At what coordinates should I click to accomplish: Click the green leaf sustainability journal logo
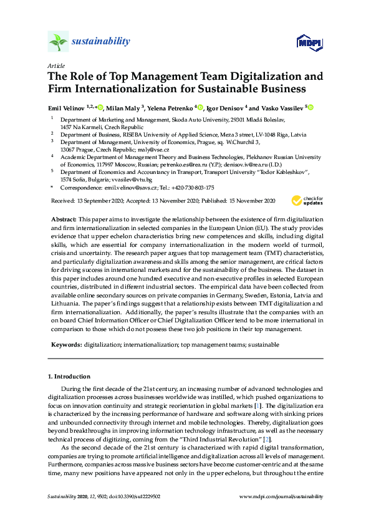pos(58,42)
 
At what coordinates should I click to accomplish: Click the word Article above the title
pos(55,65)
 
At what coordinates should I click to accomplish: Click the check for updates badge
pos(307,201)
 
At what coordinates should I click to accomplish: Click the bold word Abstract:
pos(63,220)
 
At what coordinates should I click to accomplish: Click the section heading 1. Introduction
pos(69,377)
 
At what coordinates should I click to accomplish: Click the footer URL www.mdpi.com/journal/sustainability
pos(281,496)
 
